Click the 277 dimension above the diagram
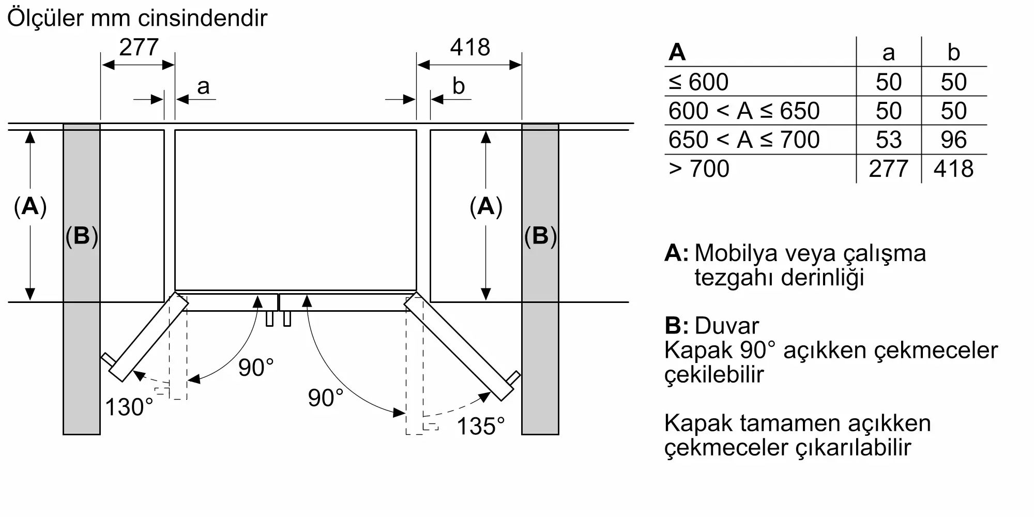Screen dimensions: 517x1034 point(139,48)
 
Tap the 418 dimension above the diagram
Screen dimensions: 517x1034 point(469,48)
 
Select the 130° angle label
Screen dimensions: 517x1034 point(129,407)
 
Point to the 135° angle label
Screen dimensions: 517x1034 point(480,427)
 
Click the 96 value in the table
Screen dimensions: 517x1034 point(953,140)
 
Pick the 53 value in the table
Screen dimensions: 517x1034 point(888,140)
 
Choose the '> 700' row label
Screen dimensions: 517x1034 point(698,169)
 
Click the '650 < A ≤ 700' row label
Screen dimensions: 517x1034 point(744,140)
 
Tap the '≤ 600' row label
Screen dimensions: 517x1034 point(698,82)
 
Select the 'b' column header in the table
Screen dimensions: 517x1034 point(953,52)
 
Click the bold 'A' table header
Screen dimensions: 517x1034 point(677,52)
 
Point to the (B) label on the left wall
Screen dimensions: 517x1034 point(82,236)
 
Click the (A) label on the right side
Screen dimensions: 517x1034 point(485,206)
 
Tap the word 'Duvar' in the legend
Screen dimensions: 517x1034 point(726,326)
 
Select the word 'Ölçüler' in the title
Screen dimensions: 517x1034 point(45,18)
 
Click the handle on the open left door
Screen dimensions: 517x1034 point(107,359)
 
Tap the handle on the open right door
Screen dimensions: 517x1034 point(514,377)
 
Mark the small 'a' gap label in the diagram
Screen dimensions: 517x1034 point(203,86)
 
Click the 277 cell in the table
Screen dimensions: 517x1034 point(888,169)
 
